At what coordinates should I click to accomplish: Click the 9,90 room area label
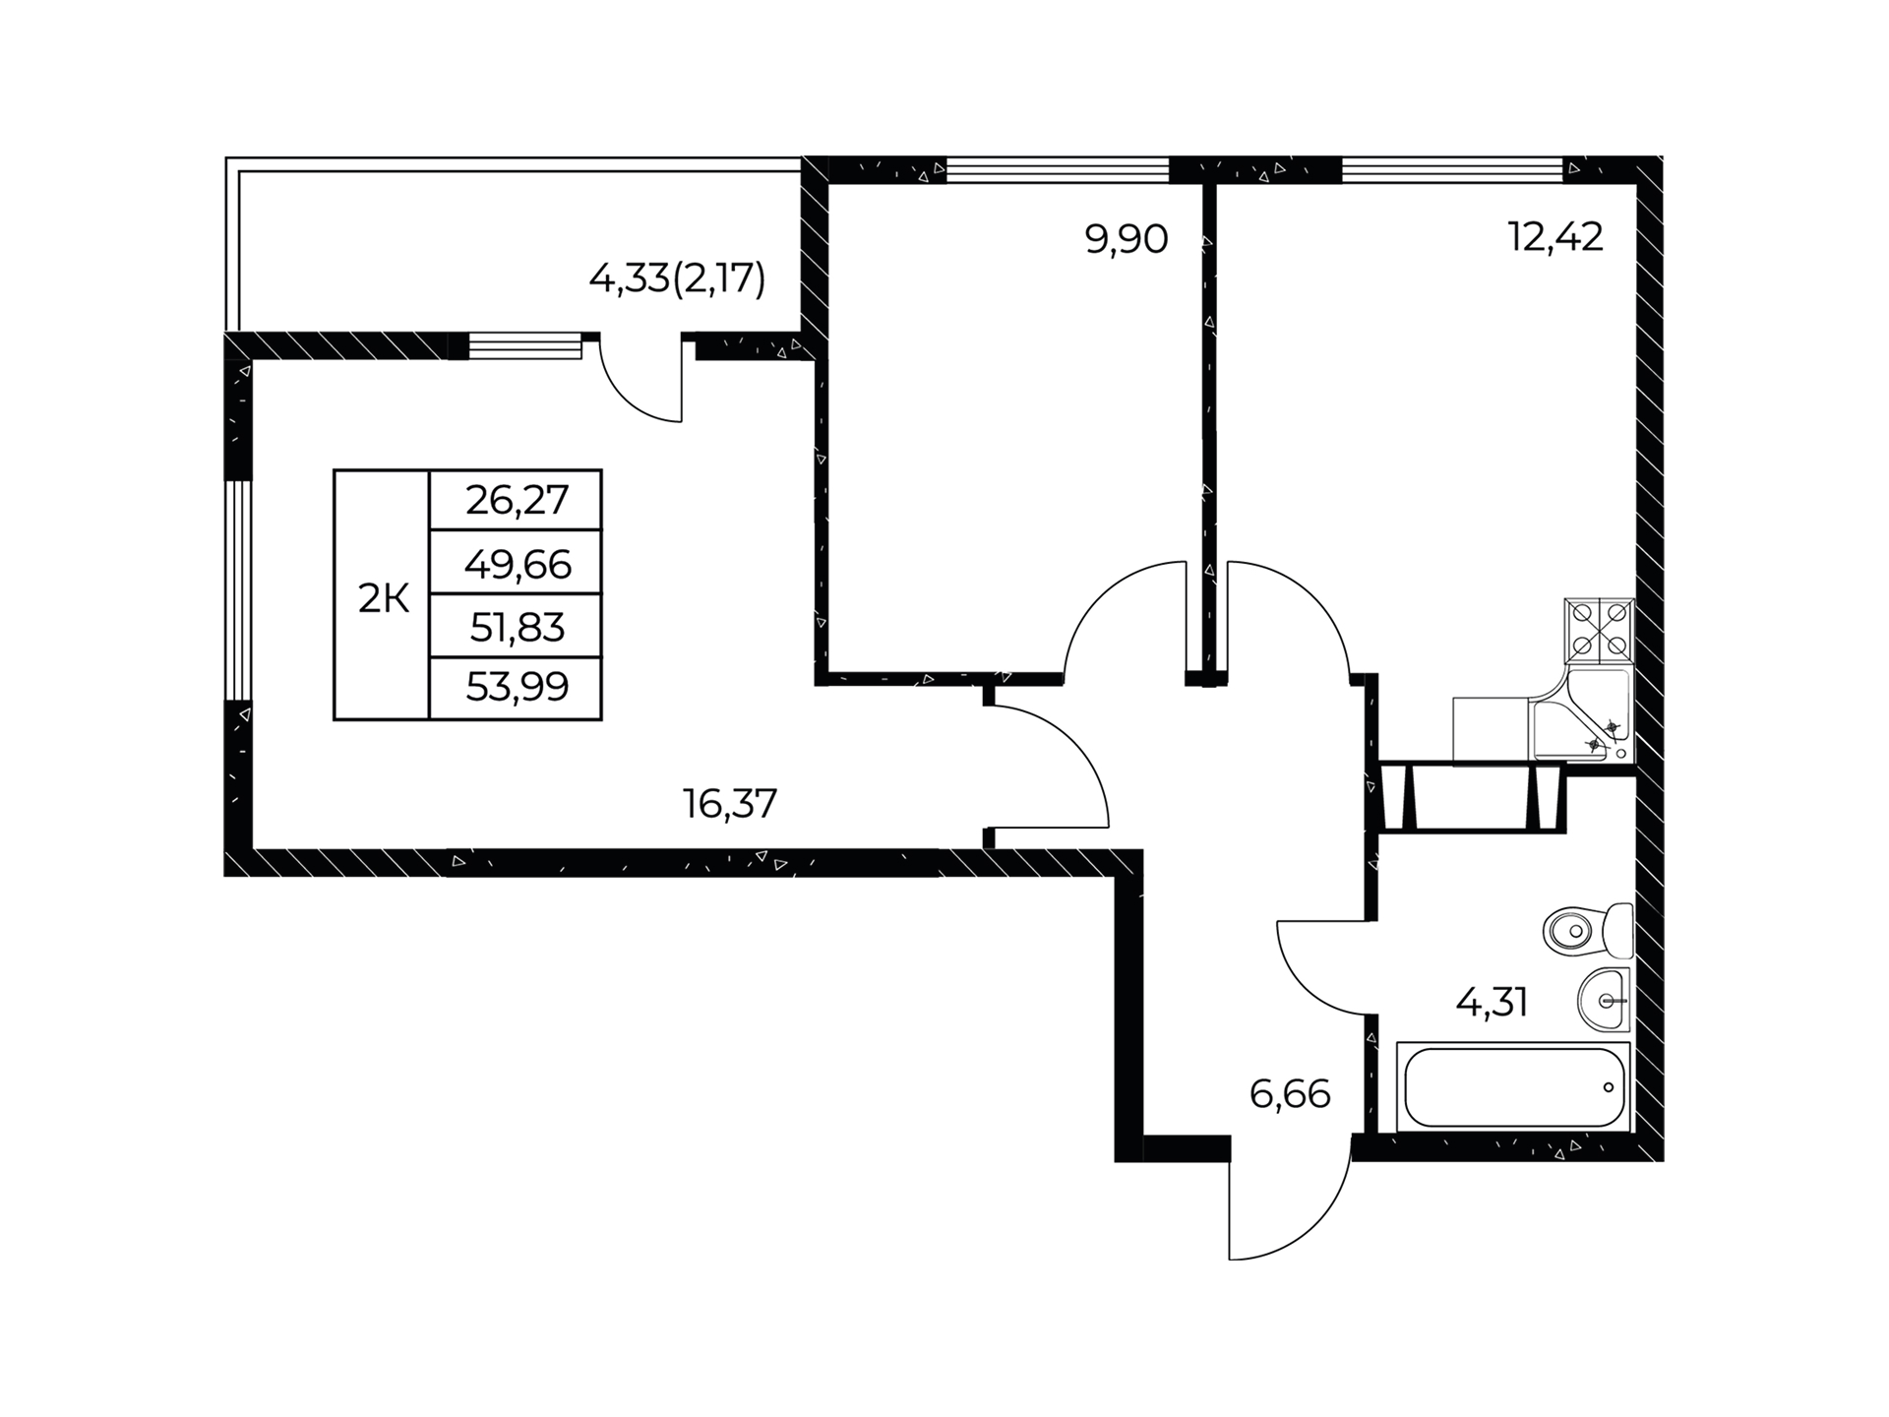coord(1127,240)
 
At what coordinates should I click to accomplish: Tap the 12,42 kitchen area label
coord(1555,237)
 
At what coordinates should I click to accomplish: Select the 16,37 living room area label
coord(730,804)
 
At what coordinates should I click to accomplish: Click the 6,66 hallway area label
coord(1290,1093)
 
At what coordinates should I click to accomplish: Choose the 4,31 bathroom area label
coord(1492,1003)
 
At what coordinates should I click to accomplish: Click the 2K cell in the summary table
coord(383,598)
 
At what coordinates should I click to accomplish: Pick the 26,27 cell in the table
coord(517,501)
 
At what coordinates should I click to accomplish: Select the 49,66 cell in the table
coord(517,564)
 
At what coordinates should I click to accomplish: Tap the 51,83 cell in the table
coord(517,626)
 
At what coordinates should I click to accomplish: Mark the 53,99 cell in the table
coord(517,688)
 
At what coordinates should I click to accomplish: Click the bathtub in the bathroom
coord(1514,1087)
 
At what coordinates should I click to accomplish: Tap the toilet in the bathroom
coord(1588,930)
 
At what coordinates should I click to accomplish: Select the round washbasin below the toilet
coord(1604,1000)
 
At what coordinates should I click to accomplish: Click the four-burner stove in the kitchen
coord(1600,630)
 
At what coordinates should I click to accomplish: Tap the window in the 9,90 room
coord(1058,170)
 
